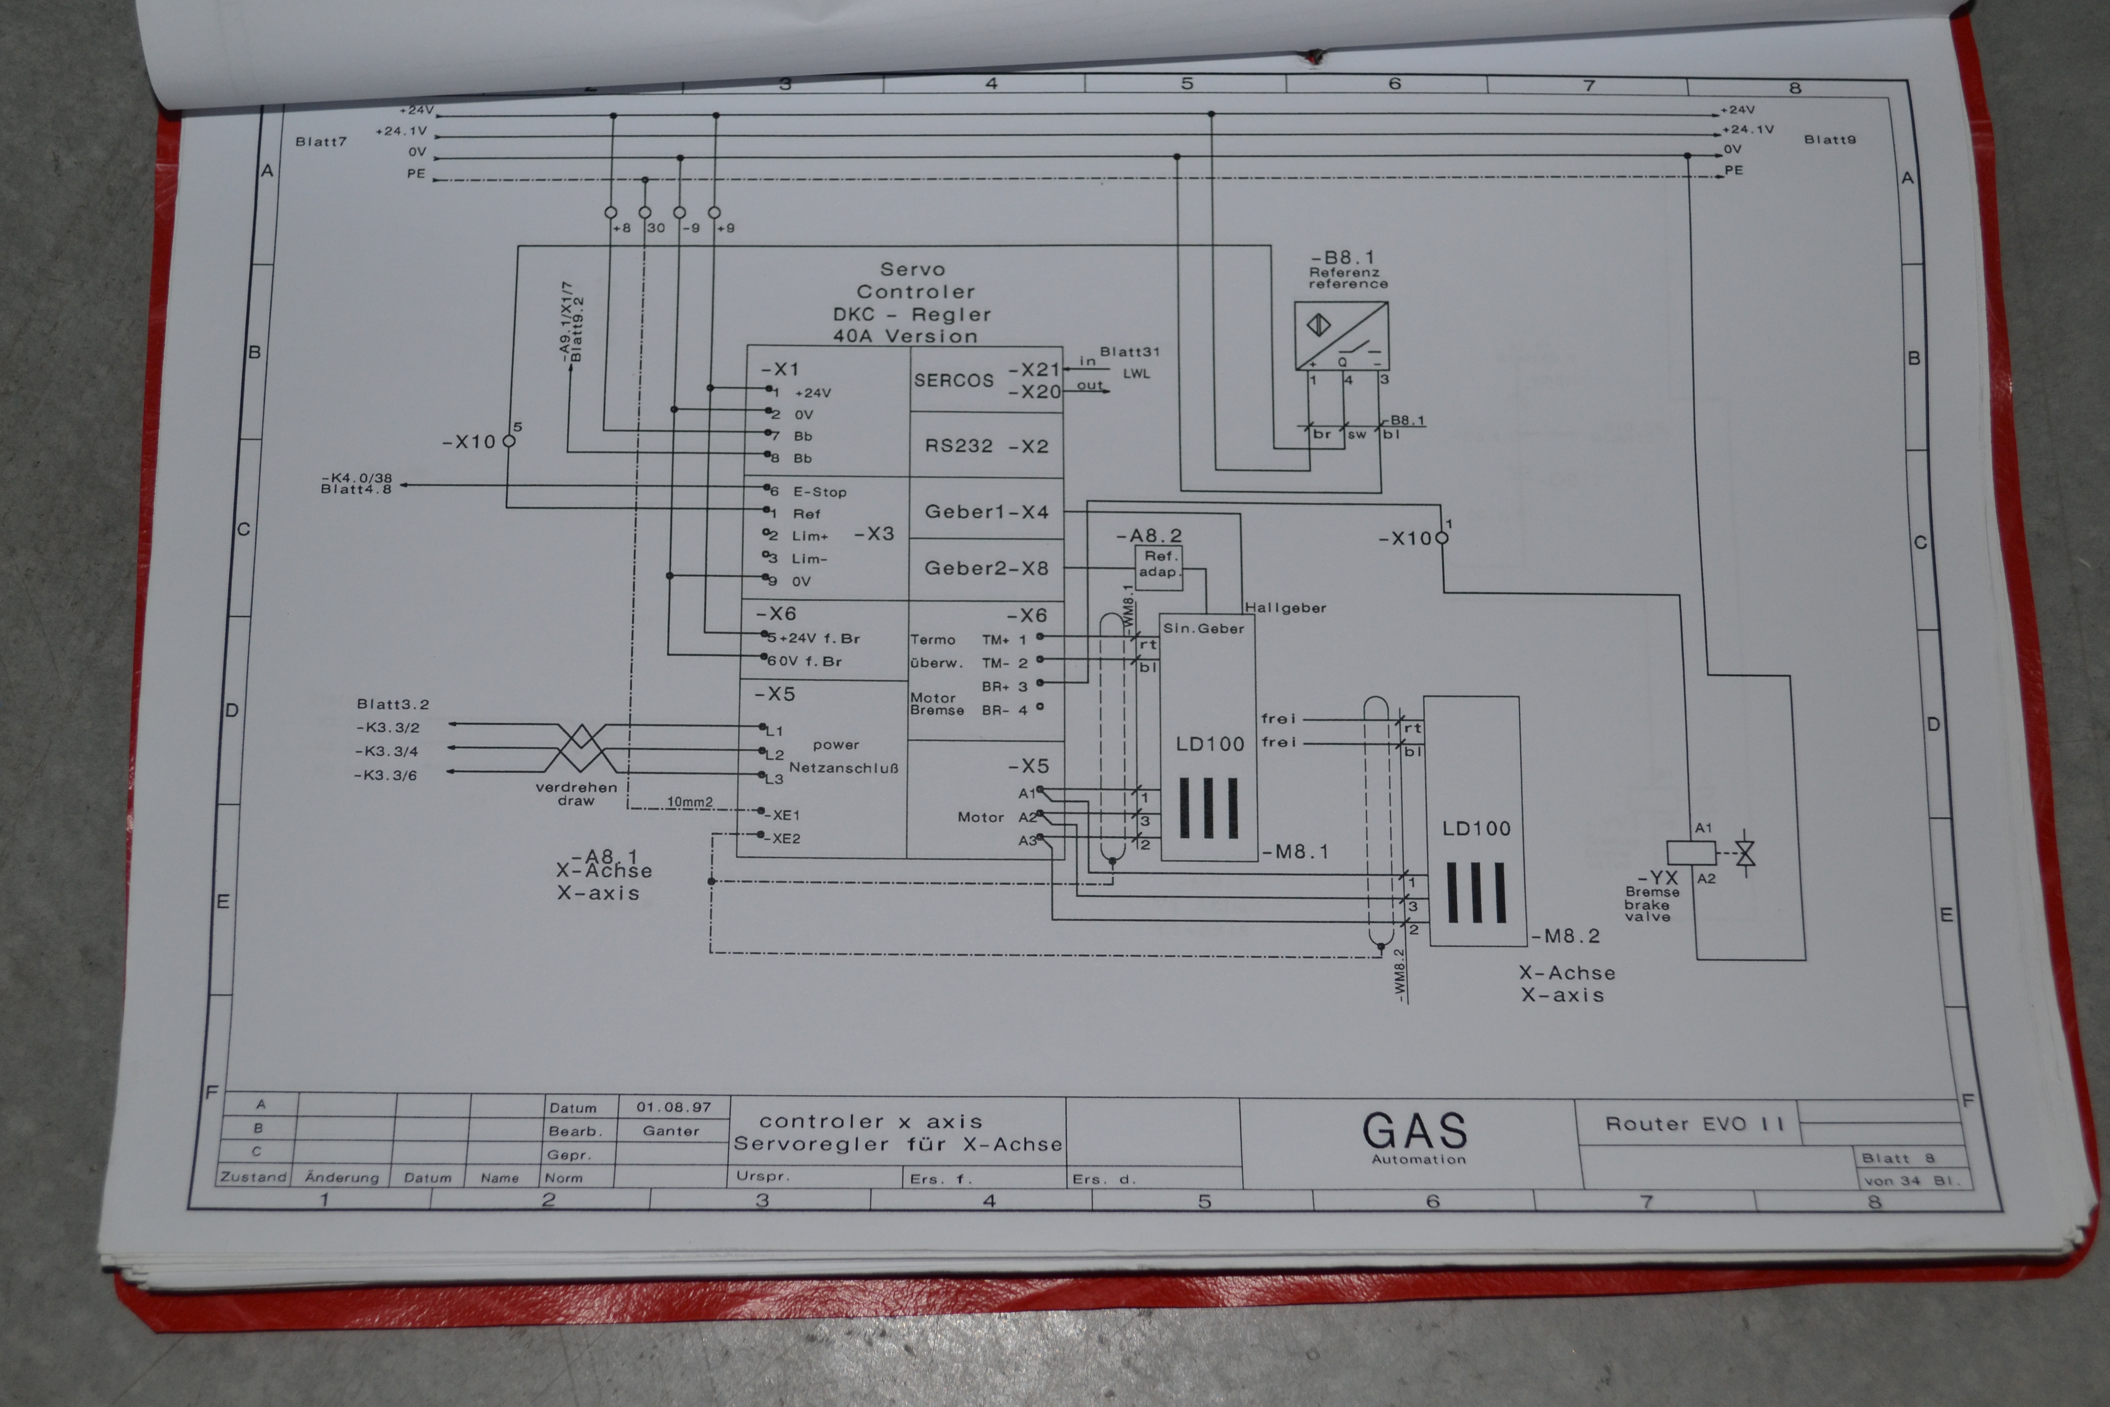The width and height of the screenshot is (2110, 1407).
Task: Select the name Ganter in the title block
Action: [x=670, y=1131]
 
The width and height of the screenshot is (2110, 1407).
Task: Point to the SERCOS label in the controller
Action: [x=954, y=381]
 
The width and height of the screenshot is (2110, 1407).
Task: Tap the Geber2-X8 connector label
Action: [x=986, y=568]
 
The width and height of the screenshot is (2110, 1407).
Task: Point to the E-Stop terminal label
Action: [x=819, y=492]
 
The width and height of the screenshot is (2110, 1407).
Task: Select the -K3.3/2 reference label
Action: [x=387, y=728]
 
